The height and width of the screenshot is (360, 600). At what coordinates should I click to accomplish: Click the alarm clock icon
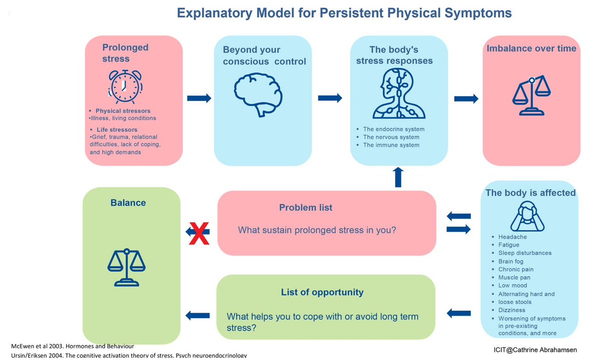click(125, 87)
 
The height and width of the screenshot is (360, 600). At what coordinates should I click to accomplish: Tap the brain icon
click(258, 93)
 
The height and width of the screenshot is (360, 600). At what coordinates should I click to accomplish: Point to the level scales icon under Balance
click(126, 266)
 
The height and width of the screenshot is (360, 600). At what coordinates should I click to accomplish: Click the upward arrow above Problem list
click(398, 177)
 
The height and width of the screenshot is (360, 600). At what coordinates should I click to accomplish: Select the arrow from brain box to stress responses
click(330, 98)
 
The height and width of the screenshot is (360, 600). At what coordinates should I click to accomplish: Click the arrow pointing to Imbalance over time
click(466, 99)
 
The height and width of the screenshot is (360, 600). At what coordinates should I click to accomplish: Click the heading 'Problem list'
click(305, 207)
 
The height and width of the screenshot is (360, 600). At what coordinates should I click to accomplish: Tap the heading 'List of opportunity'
click(322, 292)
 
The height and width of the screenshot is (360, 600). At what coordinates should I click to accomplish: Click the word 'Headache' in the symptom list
click(512, 237)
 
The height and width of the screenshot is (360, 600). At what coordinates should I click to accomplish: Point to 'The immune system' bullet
click(391, 145)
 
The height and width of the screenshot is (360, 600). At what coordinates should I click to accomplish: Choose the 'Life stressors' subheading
click(117, 130)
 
